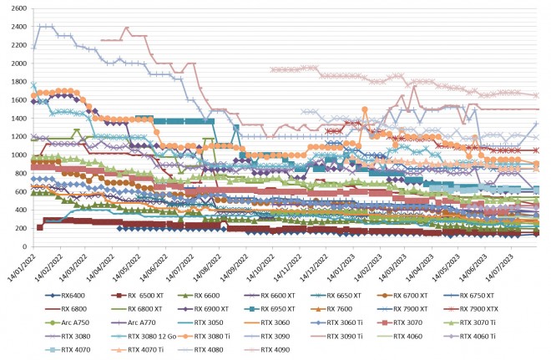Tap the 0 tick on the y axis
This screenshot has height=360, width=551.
tap(24, 247)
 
